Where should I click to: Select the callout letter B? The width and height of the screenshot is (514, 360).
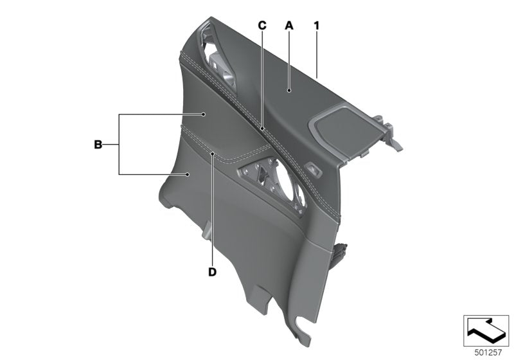tap(98, 145)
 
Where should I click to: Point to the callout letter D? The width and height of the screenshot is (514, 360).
tap(213, 272)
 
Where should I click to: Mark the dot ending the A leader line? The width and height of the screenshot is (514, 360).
tap(289, 92)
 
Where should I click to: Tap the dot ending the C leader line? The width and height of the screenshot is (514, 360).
tap(262, 129)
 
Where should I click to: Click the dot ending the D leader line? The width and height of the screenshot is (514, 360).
tap(213, 154)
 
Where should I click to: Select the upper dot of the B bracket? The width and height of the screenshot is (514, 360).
tap(204, 114)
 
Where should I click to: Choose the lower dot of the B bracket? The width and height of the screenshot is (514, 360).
tap(186, 174)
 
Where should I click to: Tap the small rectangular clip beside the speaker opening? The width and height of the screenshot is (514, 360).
tap(314, 169)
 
